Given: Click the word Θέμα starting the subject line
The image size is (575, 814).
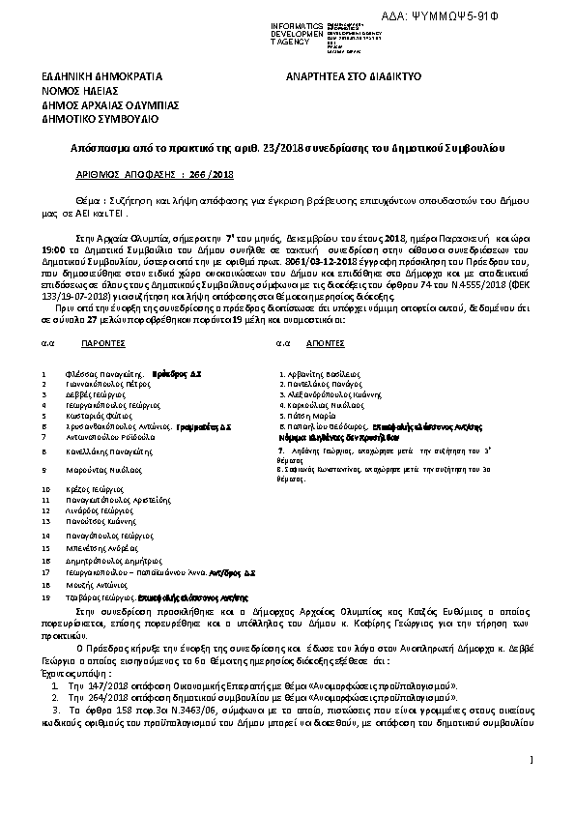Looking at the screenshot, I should (x=88, y=195).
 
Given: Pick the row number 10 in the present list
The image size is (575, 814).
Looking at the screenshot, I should (x=45, y=489).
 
